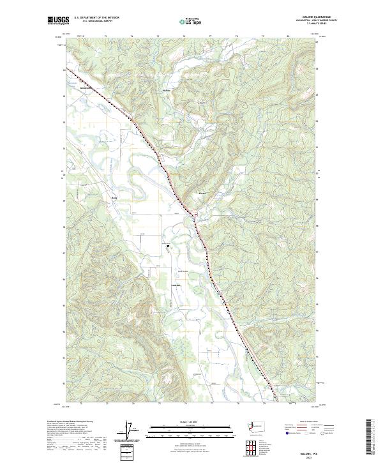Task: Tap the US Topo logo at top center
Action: tap(191, 21)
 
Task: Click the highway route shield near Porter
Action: tap(197, 213)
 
